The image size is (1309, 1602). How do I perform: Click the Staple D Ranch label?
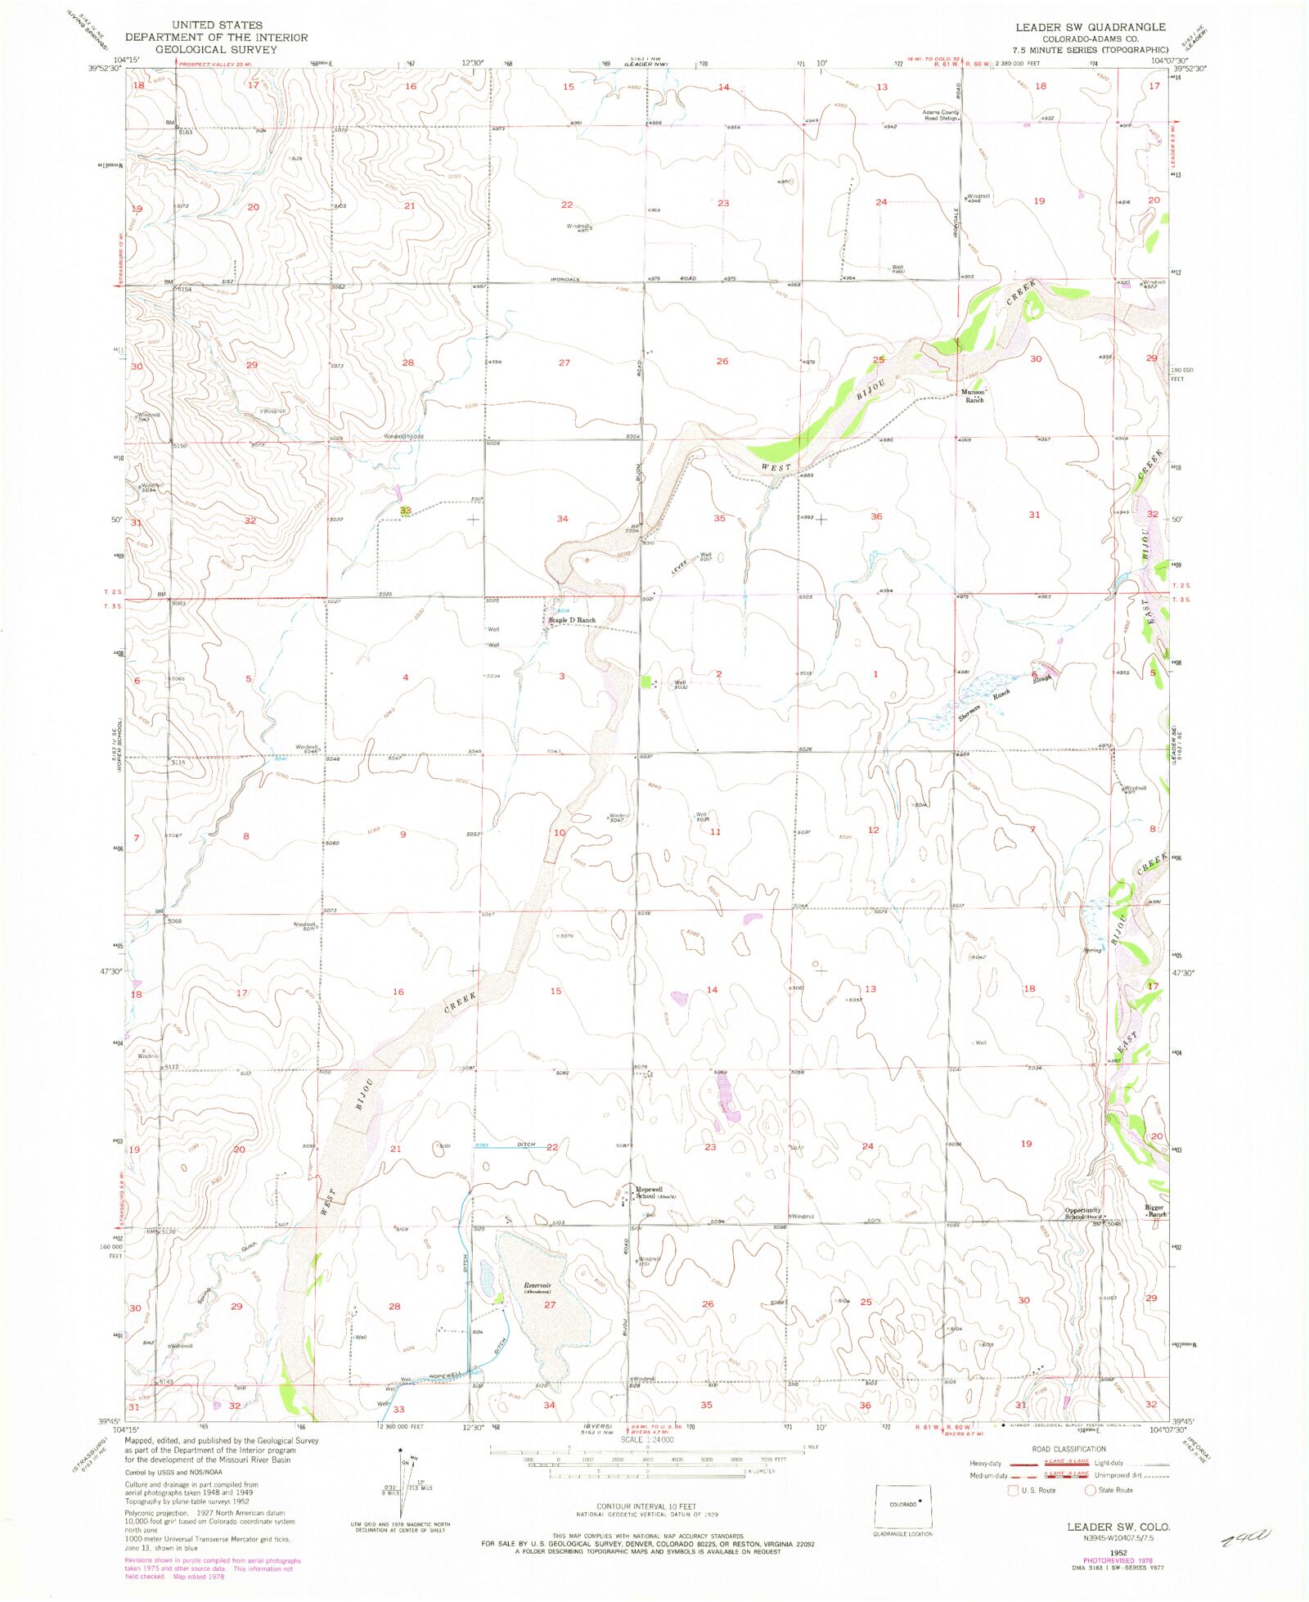572,620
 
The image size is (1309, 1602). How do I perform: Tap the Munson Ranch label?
973,396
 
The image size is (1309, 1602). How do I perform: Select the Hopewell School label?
652,1192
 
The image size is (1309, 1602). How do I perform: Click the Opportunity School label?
1082,1213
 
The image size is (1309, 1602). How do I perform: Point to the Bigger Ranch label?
1154,1211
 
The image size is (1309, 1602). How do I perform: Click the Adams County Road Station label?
939,115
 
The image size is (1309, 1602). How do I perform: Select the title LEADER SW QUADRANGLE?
1091,27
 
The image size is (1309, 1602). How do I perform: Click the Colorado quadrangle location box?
903,1505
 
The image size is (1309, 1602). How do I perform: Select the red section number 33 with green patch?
405,511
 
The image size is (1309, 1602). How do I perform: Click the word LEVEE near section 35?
679,567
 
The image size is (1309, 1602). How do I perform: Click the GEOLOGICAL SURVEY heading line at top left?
217,49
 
